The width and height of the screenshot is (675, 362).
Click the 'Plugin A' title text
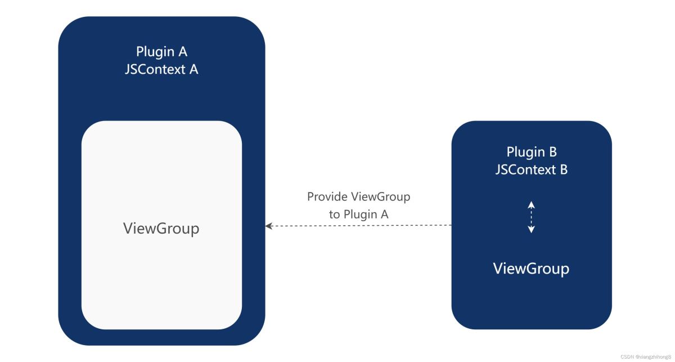(161, 51)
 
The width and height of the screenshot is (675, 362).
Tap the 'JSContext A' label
(161, 70)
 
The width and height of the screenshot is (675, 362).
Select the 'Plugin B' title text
(532, 151)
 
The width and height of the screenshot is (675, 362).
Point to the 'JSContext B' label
(532, 169)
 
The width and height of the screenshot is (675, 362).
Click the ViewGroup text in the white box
(161, 229)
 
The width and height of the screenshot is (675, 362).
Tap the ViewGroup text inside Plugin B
(531, 269)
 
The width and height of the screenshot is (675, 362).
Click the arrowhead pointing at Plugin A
(269, 226)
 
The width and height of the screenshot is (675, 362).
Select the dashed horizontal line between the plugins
(360, 226)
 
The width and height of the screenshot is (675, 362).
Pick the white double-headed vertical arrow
(531, 217)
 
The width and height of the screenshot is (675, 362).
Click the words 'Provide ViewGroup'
(358, 197)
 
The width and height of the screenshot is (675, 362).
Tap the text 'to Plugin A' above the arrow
(358, 214)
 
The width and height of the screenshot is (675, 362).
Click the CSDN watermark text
(646, 357)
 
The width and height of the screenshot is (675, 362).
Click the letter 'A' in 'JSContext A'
(193, 70)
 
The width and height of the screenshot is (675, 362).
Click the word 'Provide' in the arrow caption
(327, 197)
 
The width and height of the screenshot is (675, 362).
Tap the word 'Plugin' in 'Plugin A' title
(154, 51)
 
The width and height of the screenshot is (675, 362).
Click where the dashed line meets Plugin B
(451, 226)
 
